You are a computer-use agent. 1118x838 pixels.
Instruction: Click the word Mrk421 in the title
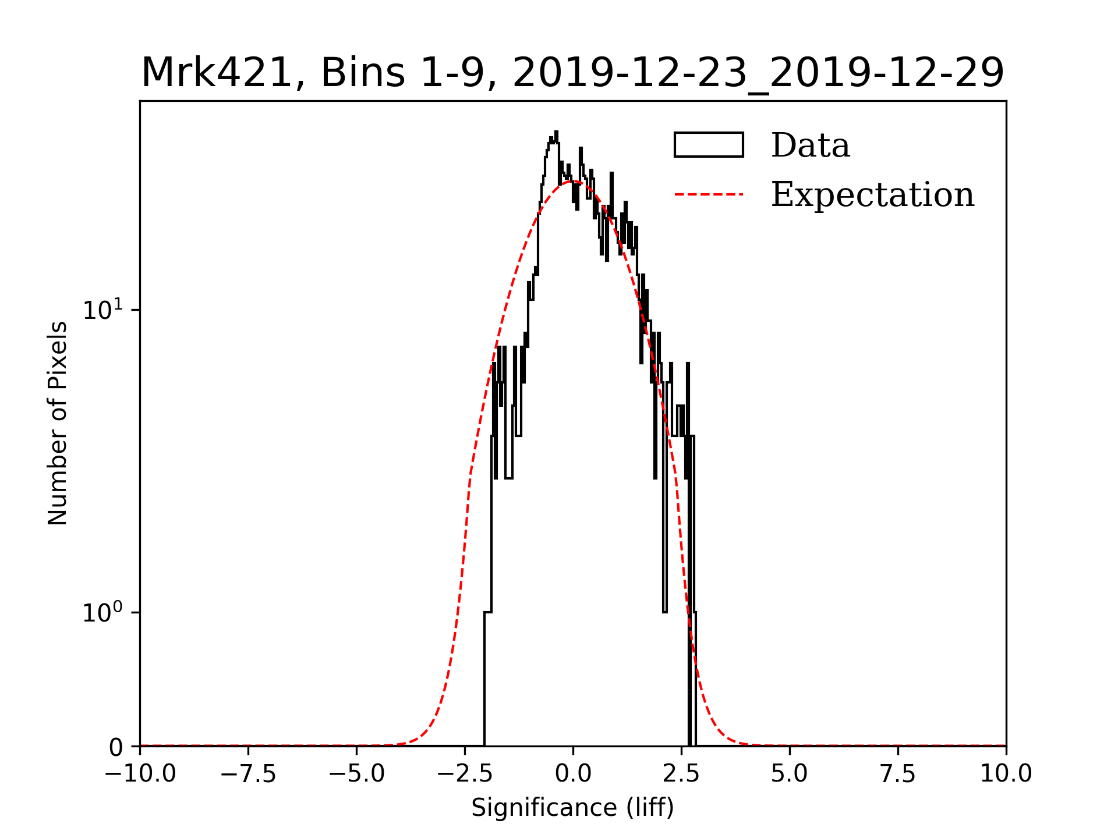(215, 73)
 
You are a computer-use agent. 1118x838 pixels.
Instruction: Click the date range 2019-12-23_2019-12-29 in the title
(758, 73)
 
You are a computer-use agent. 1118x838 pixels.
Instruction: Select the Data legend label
(810, 145)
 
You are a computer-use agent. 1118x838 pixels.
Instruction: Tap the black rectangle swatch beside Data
(709, 145)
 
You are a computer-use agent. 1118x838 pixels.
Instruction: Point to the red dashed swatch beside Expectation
(709, 194)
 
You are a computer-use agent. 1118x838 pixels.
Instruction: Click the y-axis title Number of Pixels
(58, 423)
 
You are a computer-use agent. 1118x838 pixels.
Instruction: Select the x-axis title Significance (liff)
(572, 808)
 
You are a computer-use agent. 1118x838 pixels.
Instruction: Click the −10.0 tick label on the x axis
(140, 774)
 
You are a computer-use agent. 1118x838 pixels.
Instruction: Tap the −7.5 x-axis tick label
(249, 774)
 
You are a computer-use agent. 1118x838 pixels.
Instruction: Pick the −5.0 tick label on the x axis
(357, 774)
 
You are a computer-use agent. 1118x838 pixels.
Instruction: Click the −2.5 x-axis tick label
(465, 774)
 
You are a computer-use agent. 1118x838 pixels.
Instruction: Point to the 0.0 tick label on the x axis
(573, 774)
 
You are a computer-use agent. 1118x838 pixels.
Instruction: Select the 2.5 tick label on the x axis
(681, 774)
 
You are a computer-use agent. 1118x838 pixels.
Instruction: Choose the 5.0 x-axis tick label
(790, 774)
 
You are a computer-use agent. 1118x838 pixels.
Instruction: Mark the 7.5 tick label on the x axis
(898, 774)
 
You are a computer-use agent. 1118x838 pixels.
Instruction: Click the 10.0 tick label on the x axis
(1006, 774)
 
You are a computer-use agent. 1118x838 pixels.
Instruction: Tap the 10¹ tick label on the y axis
(103, 310)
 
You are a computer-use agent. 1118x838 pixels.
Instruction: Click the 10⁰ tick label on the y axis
(103, 612)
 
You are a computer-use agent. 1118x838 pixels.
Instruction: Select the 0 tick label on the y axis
(116, 747)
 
